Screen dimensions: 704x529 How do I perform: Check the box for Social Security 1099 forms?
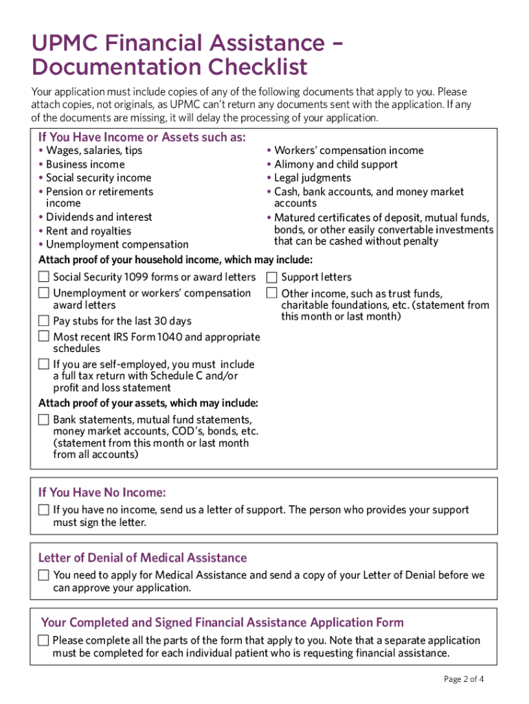coord(44,277)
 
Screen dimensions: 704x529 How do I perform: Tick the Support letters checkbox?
coord(272,277)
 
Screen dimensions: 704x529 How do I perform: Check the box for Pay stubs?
coord(44,321)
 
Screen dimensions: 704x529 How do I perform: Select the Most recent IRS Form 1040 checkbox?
coord(44,337)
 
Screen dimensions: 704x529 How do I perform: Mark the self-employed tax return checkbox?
coord(44,364)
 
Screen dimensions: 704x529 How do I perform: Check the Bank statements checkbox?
coord(44,419)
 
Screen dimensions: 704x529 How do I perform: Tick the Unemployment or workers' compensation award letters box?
coord(44,293)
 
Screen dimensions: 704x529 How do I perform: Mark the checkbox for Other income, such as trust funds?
coord(272,294)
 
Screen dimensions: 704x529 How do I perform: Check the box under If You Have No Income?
coord(44,510)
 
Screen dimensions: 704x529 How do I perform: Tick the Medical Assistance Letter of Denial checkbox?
coord(44,575)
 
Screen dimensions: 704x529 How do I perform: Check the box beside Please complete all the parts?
coord(44,641)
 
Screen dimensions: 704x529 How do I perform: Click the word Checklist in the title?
coord(258,67)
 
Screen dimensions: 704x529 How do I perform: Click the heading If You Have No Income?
coord(102,493)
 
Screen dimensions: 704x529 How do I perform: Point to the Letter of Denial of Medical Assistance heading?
coord(142,558)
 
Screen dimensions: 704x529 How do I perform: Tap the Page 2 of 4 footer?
coord(464,679)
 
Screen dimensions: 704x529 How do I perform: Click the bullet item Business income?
coord(85,164)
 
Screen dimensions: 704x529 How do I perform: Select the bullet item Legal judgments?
coord(313,178)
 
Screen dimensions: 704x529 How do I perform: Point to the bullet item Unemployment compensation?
coord(117,244)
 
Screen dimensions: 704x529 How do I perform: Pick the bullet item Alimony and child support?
coord(335,164)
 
